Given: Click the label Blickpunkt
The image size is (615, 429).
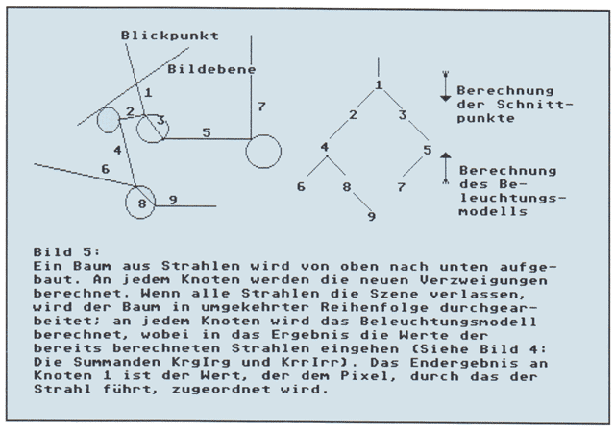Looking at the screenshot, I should coord(169,35).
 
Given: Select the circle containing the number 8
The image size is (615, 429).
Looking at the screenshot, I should coord(140,203).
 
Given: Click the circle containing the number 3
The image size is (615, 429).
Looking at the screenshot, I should coord(152,126).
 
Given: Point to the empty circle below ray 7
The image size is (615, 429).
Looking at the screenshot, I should coord(263,151).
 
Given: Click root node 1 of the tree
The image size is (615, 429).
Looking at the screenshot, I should coord(379,85).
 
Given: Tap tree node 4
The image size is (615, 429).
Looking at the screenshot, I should coord(325,148).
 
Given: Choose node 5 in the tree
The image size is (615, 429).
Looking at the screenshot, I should coord(428,150).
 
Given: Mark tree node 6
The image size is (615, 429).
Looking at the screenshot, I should coord(300,185).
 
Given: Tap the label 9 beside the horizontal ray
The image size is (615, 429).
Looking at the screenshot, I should coord(172,200).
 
